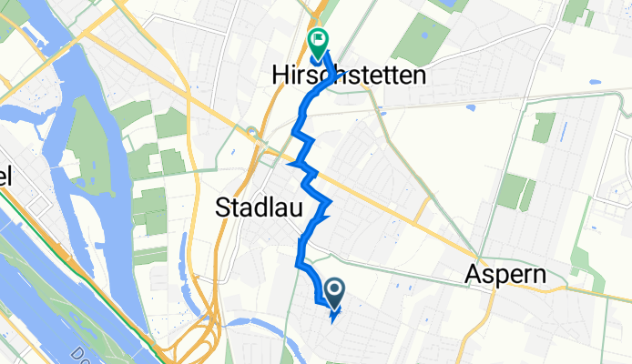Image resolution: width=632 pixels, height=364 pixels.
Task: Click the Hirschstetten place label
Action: click(x=349, y=77)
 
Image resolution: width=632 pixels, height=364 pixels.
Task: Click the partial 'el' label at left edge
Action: click(x=5, y=178)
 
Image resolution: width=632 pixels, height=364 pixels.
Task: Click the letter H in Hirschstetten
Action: click(x=280, y=77)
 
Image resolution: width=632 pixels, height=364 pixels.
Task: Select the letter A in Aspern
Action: click(x=474, y=274)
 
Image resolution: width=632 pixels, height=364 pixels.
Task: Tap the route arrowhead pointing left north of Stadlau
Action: click(x=292, y=165)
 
